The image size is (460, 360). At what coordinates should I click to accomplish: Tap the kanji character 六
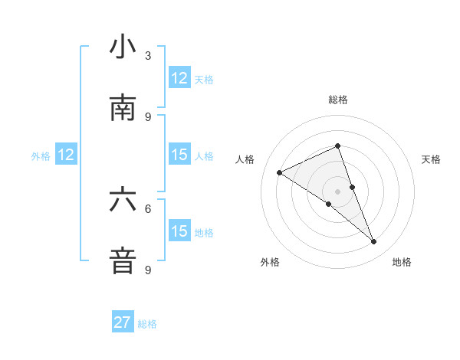pos(123,200)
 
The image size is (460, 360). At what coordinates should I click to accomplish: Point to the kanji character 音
pos(123,260)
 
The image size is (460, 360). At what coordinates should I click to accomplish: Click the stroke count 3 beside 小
pos(148,56)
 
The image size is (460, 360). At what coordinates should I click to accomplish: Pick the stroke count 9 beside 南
pos(148,116)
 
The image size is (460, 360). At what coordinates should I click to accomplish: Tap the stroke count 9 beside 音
pos(148,270)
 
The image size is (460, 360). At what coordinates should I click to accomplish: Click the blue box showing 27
pos(123,322)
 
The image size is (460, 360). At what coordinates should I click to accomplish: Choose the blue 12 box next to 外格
pos(66,155)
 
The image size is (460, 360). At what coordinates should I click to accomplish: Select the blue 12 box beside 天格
pos(179,77)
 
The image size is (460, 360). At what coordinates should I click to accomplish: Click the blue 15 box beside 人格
pos(179,155)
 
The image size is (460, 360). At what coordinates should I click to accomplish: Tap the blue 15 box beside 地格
pos(179,231)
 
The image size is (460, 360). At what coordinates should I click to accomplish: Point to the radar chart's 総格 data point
pos(337,146)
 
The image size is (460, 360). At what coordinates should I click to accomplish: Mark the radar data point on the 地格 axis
pos(374,242)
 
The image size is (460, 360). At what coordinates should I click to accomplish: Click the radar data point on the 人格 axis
pos(279,172)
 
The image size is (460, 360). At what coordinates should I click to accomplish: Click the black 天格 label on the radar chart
pos(432,159)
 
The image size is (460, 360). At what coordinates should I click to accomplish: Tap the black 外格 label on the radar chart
pos(269,262)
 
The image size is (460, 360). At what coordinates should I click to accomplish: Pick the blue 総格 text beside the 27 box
pos(147,323)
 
